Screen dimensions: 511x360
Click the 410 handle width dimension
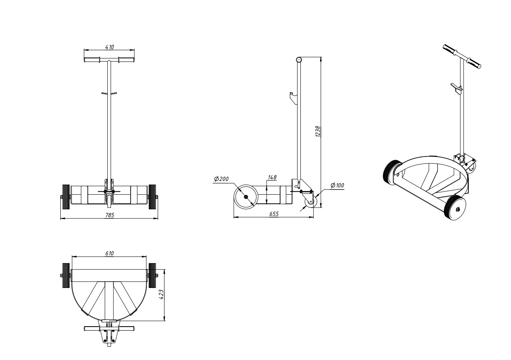pos(109,47)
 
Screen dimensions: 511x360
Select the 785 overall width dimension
pos(109,215)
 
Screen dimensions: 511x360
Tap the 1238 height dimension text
pos(318,131)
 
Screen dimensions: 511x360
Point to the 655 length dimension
pos(274,214)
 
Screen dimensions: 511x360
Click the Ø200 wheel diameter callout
pos(221,179)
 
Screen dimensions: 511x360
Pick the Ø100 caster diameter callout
pos(337,185)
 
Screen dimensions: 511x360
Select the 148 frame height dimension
pos(272,177)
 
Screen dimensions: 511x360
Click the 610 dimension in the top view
pos(109,253)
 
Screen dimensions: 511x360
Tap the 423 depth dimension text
pos(161,294)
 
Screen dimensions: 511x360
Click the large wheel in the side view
pos(246,197)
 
